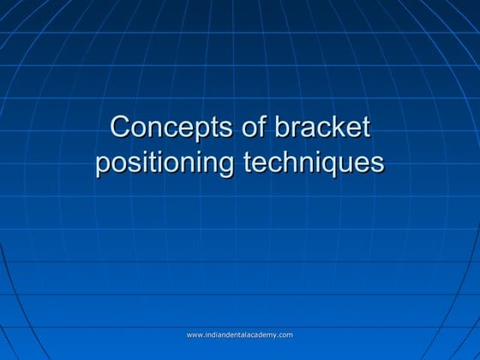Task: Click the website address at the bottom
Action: pyautogui.click(x=240, y=334)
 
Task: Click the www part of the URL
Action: pyautogui.click(x=195, y=334)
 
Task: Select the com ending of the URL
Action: pyautogui.click(x=285, y=334)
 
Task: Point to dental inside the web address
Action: pyautogui.click(x=237, y=334)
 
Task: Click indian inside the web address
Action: pyautogui.click(x=215, y=334)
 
